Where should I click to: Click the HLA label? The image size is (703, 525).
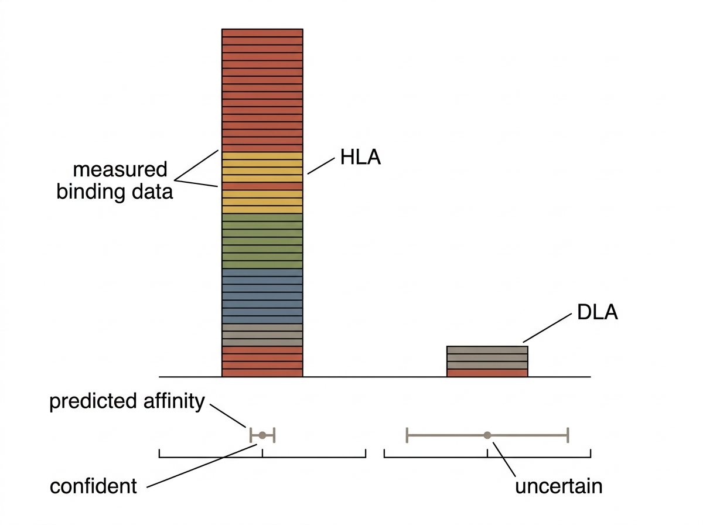pos(360,157)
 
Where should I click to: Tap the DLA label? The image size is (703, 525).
pos(598,312)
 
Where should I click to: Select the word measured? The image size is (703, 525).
pos(120,169)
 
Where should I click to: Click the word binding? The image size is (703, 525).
pos(91,192)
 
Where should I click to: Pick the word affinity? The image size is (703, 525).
pos(174,401)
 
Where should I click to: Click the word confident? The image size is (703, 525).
pos(94,486)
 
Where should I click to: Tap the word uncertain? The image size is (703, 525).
pos(559,486)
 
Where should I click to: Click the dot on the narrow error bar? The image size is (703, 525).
pos(262,435)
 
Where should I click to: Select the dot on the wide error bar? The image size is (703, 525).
pos(487,435)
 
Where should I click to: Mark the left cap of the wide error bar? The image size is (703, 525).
pos(407,435)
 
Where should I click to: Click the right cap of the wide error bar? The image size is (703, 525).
pos(568,435)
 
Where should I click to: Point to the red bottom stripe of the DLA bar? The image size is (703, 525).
pos(487,373)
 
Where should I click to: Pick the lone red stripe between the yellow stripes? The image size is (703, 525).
pos(262,186)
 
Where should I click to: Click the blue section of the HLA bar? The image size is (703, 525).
pos(262,296)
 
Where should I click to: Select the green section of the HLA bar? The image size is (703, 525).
pos(262,241)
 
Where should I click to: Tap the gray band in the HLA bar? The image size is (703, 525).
pos(262,335)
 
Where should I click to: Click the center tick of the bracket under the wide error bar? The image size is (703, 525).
pos(487,453)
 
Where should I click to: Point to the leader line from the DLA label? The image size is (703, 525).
pos(547,328)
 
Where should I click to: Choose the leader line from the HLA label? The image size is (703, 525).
pos(321,166)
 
